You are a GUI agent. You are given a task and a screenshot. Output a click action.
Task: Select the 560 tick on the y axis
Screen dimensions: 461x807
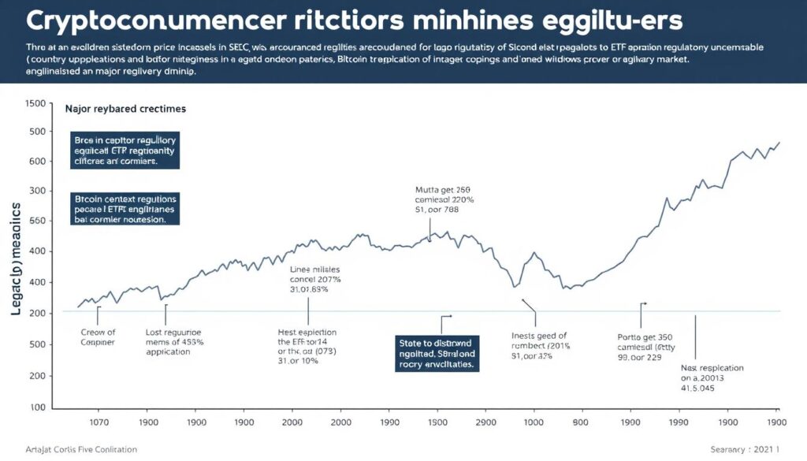pos(35,221)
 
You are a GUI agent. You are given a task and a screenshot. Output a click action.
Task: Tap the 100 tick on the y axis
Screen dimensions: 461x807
pos(35,408)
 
